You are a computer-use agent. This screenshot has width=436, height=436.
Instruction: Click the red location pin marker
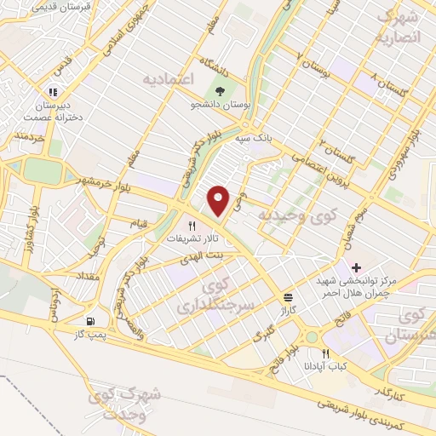pos(219,199)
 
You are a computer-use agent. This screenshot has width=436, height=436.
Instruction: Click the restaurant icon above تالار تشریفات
pos(192,227)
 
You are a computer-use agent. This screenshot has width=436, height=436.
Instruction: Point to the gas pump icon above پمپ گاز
pos(91,322)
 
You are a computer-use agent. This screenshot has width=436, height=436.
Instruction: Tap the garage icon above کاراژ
pos(289,298)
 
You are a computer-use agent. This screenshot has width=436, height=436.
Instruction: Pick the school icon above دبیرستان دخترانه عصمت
pos(53,91)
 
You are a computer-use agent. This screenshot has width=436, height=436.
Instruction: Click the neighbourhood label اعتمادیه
pos(169,78)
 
